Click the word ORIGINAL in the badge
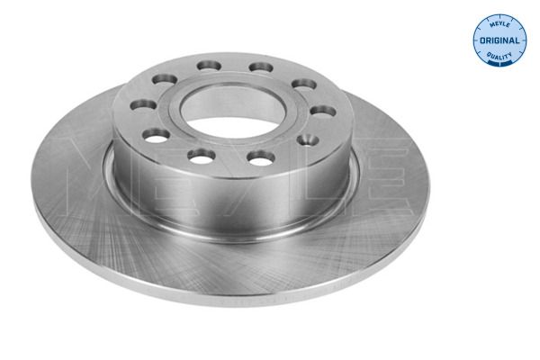coord(499,41)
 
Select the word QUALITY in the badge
coord(499,57)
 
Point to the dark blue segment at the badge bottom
coord(499,66)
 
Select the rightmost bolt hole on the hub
coord(324,112)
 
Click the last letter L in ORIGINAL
coord(517,41)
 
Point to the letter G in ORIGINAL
coord(497,41)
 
